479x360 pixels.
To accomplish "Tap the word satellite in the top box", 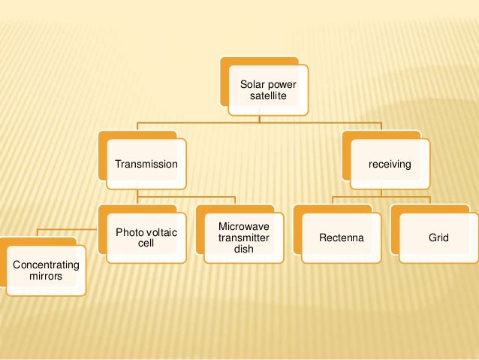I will coord(268,99).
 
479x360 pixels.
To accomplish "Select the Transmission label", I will coord(146,164).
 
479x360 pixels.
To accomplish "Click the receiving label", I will coord(389,164).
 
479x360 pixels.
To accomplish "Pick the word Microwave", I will coord(243,227).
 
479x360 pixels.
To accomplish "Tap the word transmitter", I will coord(243,238).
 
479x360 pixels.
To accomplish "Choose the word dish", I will coord(243,250).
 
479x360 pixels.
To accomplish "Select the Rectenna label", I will coord(342,238).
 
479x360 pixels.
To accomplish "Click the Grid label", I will coord(438,238).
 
